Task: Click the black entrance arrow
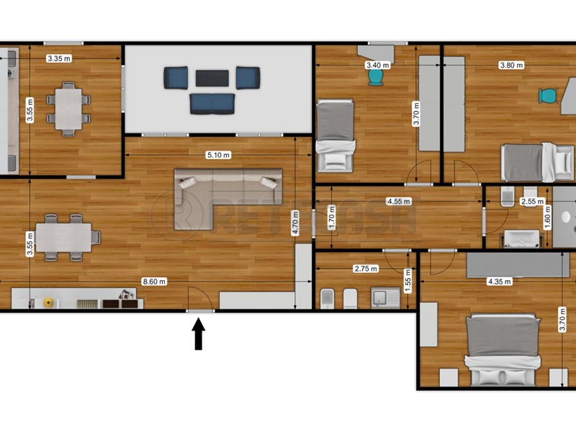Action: coord(198,336)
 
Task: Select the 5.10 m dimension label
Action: coord(218,154)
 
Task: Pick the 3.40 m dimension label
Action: coord(377,65)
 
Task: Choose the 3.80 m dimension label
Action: coord(511,65)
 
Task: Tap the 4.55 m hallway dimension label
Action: coord(398,202)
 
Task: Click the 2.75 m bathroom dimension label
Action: coord(366,269)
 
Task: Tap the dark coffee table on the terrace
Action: coord(212,77)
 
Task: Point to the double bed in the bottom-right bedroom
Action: coord(503,349)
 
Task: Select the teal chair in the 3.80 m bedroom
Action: coord(549,96)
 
